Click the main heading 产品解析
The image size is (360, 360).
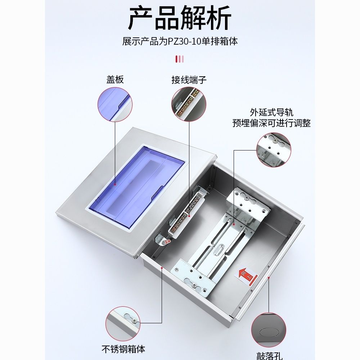pyautogui.click(x=179, y=18)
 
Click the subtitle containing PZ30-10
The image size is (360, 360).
pyautogui.click(x=180, y=41)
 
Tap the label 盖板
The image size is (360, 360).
pyautogui.click(x=115, y=80)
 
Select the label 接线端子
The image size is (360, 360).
pyautogui.click(x=189, y=80)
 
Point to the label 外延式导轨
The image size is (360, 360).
pyautogui.click(x=271, y=112)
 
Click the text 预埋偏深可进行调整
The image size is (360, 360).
pyautogui.click(x=271, y=123)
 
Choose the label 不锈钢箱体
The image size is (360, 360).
pyautogui.click(x=123, y=349)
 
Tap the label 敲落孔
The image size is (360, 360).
pyautogui.click(x=269, y=356)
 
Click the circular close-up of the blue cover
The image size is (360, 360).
pyautogui.click(x=115, y=104)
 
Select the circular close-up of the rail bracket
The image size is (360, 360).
pyautogui.click(x=274, y=150)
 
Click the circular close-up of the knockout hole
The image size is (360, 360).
pyautogui.click(x=269, y=330)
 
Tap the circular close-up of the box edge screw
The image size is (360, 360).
pyautogui.click(x=123, y=324)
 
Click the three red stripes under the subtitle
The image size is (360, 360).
pyautogui.click(x=180, y=59)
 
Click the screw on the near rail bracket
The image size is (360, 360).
pyautogui.click(x=194, y=285)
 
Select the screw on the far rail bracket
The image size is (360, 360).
pyautogui.click(x=247, y=197)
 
